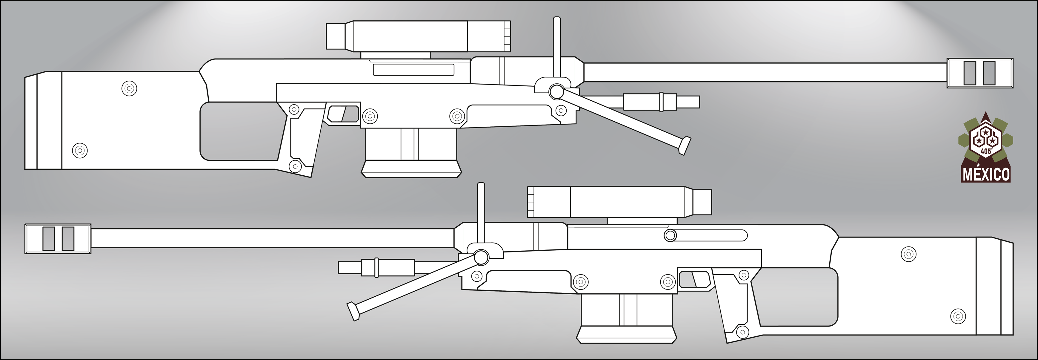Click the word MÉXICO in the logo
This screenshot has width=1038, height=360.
point(986,174)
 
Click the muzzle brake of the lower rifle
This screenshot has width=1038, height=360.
point(58,239)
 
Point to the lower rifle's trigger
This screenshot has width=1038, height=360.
point(694,279)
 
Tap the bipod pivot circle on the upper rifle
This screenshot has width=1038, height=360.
point(556,92)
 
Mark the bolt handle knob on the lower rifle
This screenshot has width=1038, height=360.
point(670,235)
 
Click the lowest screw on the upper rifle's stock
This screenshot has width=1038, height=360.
point(80,150)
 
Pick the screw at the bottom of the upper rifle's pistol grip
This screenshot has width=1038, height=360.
point(295,166)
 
